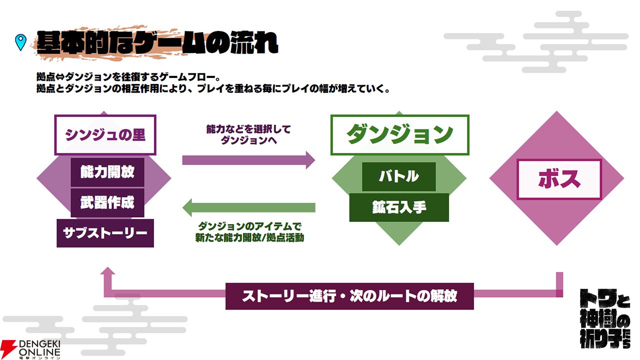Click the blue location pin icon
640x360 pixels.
(x=20, y=42)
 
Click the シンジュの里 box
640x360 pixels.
(x=105, y=135)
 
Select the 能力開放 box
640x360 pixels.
(x=107, y=172)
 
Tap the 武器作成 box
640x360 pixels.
(x=107, y=202)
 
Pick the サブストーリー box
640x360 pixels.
(x=105, y=233)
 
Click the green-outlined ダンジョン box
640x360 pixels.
(x=399, y=134)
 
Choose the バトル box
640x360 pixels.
(x=398, y=176)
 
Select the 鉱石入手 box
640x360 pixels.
(x=398, y=207)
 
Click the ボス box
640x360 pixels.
(x=558, y=179)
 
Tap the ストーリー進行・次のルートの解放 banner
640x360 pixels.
(x=349, y=295)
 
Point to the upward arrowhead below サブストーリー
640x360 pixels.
(x=107, y=272)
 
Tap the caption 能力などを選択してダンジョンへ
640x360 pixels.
(x=248, y=135)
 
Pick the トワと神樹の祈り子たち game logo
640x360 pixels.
(x=604, y=318)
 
